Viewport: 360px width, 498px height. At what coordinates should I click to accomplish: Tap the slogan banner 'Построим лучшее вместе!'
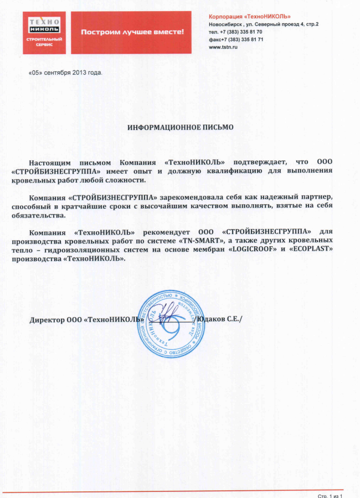(x=132, y=33)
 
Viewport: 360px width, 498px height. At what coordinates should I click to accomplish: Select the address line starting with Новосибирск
(x=263, y=25)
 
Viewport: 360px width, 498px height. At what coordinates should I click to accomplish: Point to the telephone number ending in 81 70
(x=235, y=32)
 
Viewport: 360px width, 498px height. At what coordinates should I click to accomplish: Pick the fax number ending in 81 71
(x=236, y=40)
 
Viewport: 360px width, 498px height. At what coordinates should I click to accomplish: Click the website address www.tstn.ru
(x=223, y=48)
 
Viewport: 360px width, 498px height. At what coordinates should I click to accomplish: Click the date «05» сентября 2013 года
(x=65, y=72)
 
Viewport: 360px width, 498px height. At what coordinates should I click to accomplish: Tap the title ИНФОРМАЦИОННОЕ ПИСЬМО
(x=181, y=127)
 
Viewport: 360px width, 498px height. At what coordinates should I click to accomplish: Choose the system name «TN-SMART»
(x=199, y=242)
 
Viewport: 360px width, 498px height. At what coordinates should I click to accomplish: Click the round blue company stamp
(x=175, y=324)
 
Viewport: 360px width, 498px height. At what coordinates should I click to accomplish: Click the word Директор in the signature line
(x=46, y=320)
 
